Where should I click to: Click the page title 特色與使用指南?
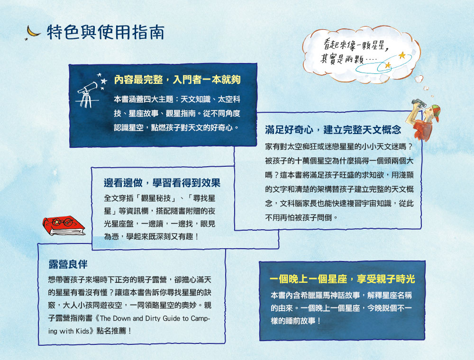tap(106, 32)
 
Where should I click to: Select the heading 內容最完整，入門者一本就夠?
tap(178, 81)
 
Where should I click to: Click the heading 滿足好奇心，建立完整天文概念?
tap(333, 129)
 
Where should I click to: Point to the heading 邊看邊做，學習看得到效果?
tap(162, 183)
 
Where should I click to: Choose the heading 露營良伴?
tap(68, 263)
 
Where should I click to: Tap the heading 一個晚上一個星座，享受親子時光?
tap(342, 279)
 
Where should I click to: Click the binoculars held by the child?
tap(419, 103)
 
